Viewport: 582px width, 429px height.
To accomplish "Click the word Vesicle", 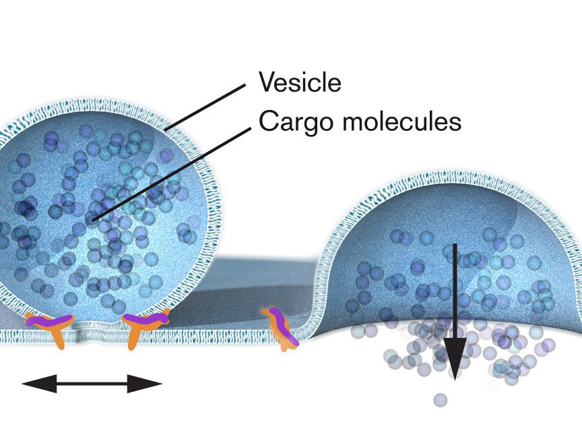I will (x=300, y=83).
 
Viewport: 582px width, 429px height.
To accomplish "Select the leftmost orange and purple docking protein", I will (x=51, y=326).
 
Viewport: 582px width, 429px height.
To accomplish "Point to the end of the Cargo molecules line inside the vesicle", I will (x=95, y=219).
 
